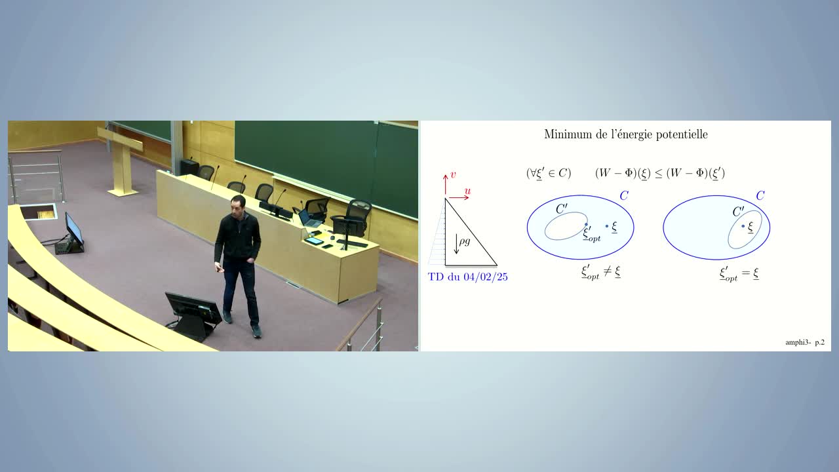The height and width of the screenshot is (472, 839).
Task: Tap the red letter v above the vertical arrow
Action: click(453, 175)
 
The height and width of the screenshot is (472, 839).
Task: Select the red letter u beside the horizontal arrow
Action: click(467, 191)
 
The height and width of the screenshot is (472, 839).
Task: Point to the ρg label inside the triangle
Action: click(465, 241)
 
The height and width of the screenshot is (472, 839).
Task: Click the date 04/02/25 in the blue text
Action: click(486, 277)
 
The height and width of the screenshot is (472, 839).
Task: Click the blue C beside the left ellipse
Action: click(624, 195)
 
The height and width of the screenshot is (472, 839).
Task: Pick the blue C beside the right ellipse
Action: click(760, 195)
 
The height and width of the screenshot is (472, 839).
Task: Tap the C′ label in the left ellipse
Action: click(562, 208)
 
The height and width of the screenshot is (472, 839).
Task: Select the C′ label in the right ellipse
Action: click(738, 212)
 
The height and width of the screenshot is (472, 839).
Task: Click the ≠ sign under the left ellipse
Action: click(608, 271)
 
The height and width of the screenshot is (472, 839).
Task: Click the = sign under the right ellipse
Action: click(746, 273)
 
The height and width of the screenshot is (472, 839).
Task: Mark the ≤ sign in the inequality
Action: click(658, 174)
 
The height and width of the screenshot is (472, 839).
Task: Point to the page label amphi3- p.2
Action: click(805, 342)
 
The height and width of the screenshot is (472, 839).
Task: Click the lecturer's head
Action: click(238, 205)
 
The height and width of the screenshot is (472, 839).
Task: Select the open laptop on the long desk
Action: click(309, 218)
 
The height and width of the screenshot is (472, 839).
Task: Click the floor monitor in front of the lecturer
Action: click(193, 315)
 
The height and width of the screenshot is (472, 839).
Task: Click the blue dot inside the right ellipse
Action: click(743, 226)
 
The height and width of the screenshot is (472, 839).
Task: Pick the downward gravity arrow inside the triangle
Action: click(456, 244)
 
